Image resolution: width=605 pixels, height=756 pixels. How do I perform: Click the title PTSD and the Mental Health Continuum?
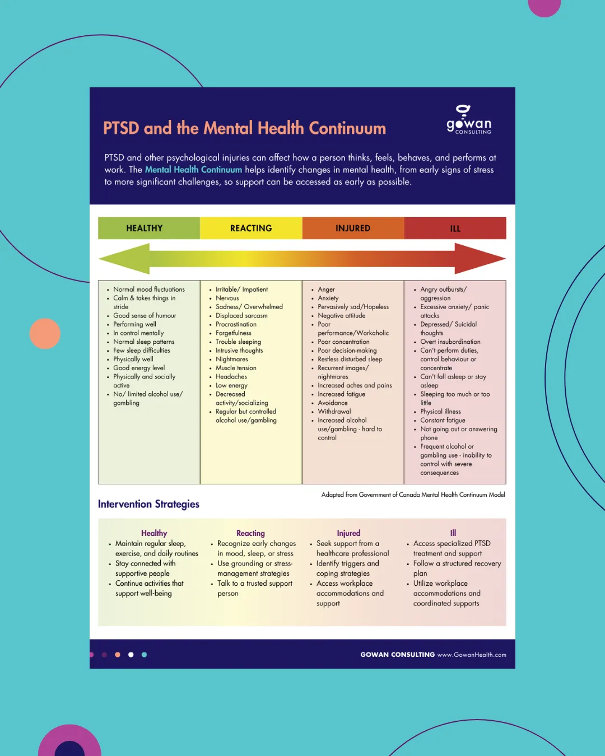(x=244, y=128)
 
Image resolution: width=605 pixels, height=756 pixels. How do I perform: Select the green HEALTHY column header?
(x=149, y=228)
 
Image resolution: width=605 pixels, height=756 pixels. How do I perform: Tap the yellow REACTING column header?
(x=251, y=228)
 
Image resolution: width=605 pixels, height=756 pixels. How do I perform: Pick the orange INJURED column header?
(x=353, y=228)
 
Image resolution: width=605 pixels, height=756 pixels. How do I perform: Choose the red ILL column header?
(x=455, y=228)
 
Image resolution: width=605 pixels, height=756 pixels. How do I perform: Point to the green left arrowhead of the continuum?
(x=124, y=259)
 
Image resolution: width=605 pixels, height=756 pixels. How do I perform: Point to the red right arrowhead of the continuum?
(x=480, y=259)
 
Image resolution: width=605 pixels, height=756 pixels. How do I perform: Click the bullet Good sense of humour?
(x=145, y=315)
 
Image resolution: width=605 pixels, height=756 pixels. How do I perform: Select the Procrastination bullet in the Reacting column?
(x=236, y=324)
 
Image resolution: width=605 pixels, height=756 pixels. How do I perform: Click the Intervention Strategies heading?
(x=148, y=504)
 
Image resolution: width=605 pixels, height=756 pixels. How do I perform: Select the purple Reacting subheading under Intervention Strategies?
(x=250, y=533)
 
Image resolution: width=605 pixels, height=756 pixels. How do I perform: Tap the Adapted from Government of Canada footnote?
(x=413, y=494)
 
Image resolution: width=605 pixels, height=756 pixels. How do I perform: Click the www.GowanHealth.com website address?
(x=472, y=655)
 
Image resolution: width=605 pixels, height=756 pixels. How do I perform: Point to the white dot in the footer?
(x=131, y=655)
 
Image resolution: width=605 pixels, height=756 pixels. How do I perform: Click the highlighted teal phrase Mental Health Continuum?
(x=193, y=170)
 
